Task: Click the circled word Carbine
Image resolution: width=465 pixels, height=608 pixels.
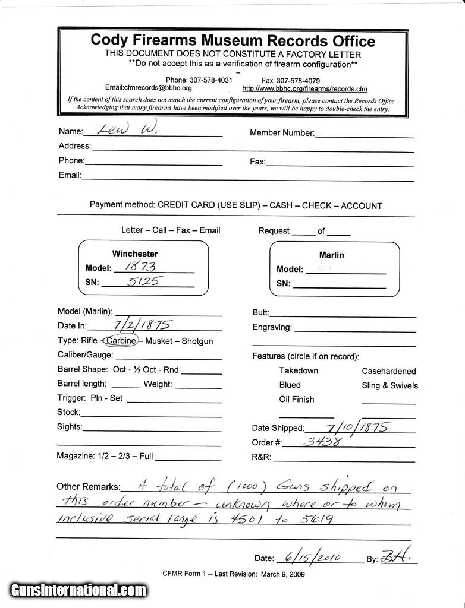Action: tap(121, 341)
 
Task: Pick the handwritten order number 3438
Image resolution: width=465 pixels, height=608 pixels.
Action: tap(322, 441)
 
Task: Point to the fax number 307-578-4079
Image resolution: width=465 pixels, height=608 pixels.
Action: tap(299, 80)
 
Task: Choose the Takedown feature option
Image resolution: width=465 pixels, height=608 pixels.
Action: tap(299, 370)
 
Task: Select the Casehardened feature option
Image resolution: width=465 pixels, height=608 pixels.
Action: tap(389, 371)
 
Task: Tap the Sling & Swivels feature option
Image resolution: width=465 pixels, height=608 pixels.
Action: tap(389, 385)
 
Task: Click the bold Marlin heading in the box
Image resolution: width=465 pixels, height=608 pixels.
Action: tap(331, 255)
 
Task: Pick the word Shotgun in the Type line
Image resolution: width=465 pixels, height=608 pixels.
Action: tap(197, 341)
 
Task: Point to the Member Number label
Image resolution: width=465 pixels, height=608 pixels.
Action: tap(282, 133)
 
